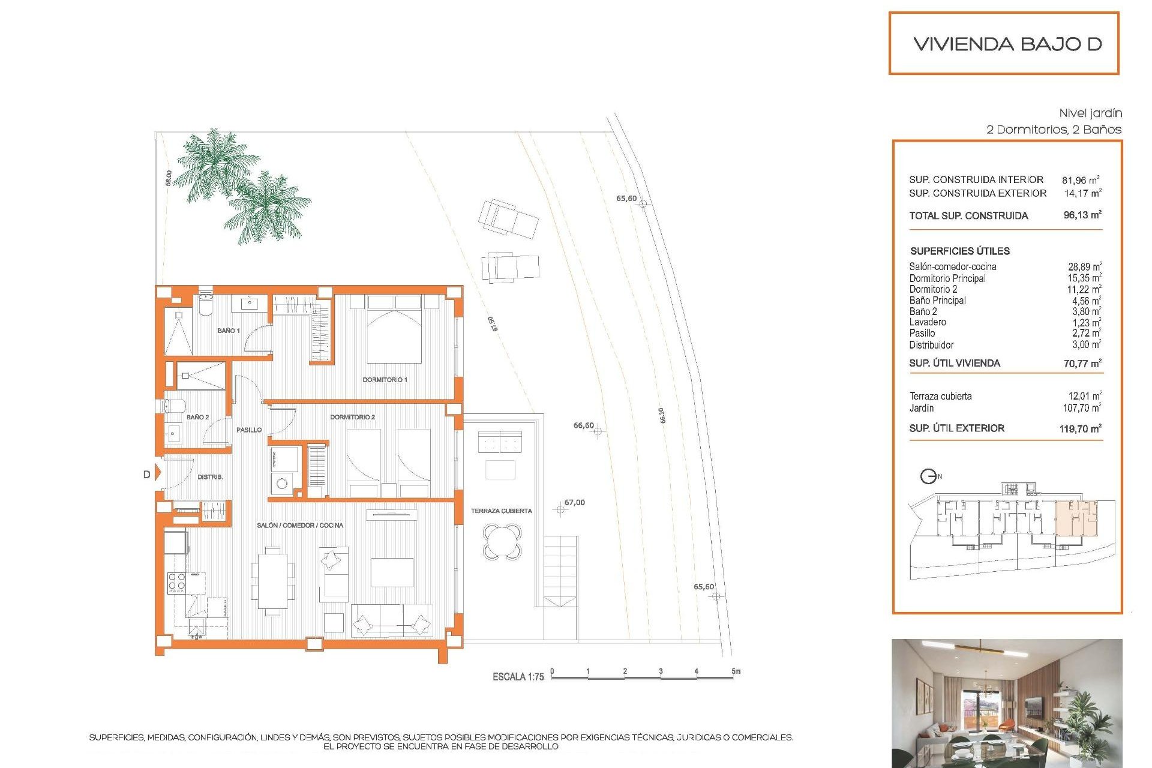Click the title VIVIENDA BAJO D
coord(1007,44)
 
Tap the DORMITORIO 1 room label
coord(385,380)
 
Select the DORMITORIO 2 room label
coord(352,417)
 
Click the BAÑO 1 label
coord(228,331)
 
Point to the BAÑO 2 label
coord(197,417)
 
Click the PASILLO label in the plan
coord(248,430)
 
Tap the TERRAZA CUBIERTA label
coord(501,511)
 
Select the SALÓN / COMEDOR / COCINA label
coord(300,526)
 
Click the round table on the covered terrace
coord(502,542)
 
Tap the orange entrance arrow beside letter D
coord(158,473)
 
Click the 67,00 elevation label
coord(574,503)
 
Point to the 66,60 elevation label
coord(583,425)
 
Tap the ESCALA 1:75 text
coord(518,677)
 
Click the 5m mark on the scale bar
coord(736,671)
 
